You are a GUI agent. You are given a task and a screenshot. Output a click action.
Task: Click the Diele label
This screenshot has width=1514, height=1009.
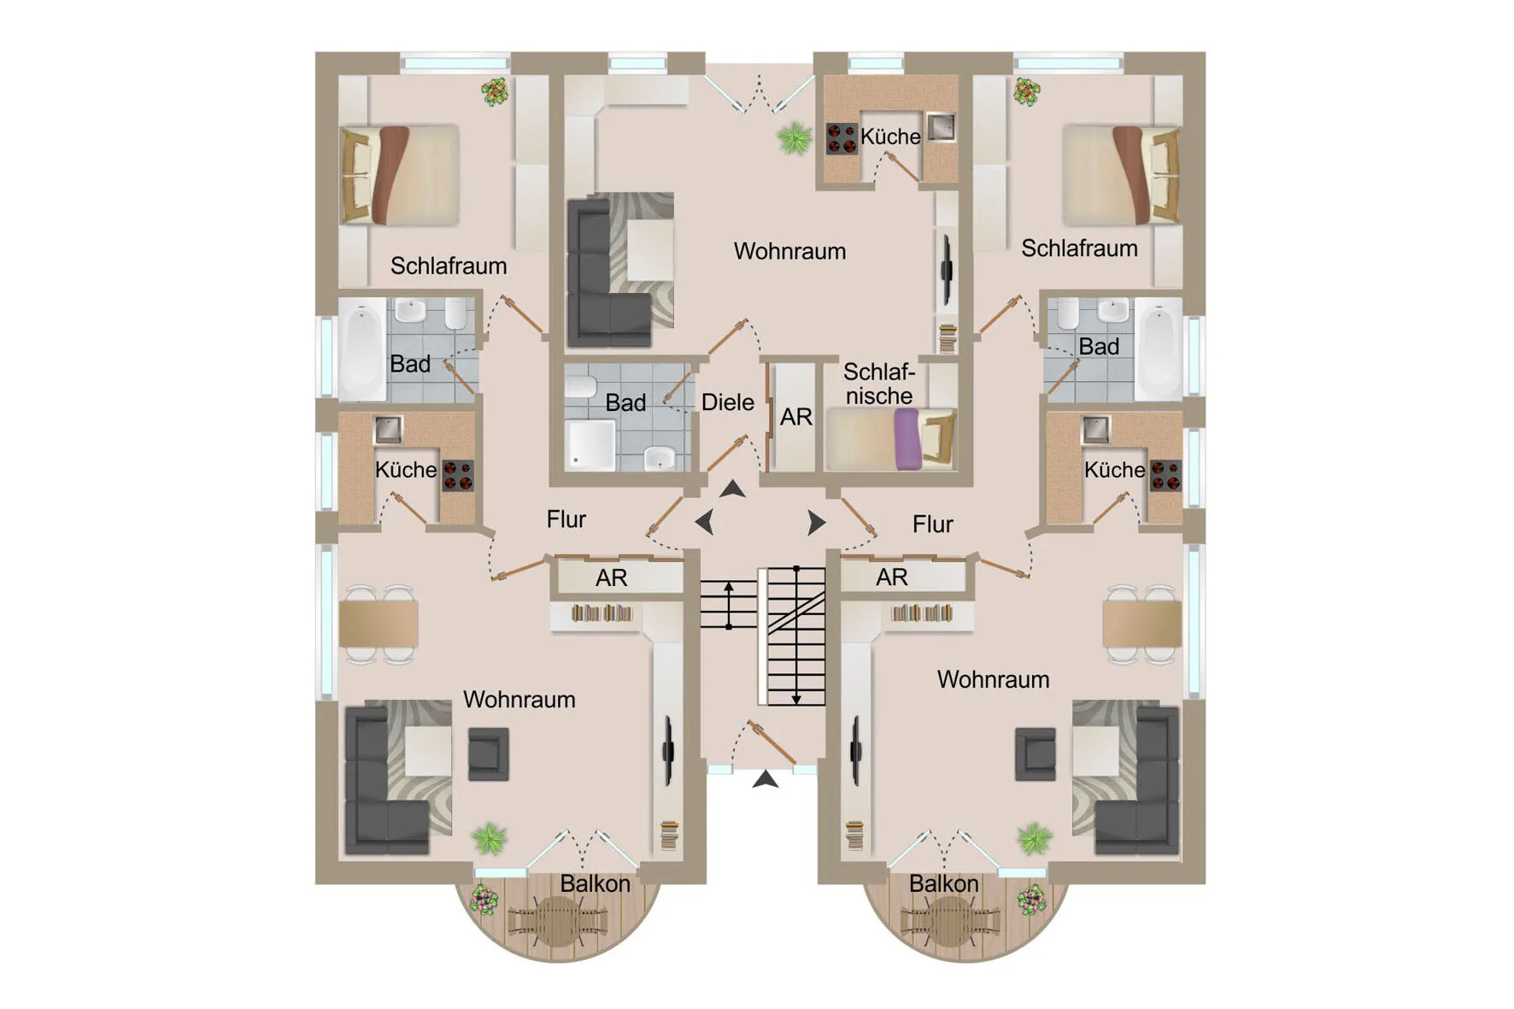[728, 402]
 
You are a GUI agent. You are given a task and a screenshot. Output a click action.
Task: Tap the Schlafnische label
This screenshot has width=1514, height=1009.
[879, 384]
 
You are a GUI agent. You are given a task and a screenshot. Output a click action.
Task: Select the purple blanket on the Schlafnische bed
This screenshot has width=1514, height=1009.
[907, 439]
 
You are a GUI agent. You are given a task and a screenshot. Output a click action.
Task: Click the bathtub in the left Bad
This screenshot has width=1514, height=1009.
[362, 349]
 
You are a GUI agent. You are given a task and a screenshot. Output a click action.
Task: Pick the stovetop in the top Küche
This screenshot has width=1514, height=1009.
[842, 139]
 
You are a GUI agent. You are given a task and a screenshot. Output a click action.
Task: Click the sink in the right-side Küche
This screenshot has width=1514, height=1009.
[1096, 429]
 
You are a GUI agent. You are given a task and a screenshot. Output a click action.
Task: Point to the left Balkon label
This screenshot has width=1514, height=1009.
[595, 883]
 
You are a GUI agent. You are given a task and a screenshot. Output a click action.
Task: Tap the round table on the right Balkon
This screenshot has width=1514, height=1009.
[948, 921]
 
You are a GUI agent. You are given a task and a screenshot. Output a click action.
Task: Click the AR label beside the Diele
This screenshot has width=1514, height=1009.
[796, 417]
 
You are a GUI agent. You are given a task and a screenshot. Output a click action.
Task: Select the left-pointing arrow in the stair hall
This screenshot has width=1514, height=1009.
[705, 522]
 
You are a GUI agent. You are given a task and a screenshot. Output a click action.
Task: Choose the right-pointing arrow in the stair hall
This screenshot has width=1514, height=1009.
[816, 522]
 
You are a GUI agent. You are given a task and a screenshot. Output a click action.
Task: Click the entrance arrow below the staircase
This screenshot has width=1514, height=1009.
[766, 779]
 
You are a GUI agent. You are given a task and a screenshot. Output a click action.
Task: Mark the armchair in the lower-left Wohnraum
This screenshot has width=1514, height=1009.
[489, 754]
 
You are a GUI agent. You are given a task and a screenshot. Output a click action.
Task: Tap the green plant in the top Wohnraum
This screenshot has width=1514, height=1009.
[795, 138]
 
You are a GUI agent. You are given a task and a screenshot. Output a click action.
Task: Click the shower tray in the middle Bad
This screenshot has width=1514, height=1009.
[590, 445]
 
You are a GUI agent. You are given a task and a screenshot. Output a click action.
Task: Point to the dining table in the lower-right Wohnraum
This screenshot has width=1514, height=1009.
[1142, 624]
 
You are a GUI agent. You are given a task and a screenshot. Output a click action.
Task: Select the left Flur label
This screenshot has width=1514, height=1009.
[566, 519]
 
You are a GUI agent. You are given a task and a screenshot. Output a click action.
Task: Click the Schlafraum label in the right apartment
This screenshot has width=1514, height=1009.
[1079, 249]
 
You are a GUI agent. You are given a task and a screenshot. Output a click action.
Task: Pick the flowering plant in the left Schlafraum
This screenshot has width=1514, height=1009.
[495, 91]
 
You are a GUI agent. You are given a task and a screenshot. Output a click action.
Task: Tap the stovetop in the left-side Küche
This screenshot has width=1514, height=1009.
[458, 476]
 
